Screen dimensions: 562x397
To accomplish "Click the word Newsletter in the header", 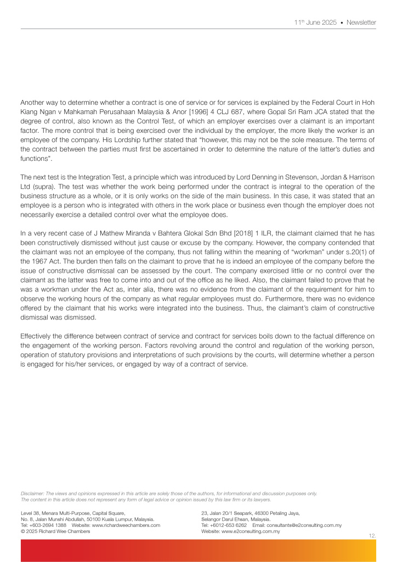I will click(361, 23).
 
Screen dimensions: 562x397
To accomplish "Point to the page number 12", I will click(372, 534).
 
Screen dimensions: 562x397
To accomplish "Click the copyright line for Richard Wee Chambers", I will click(55, 531).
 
